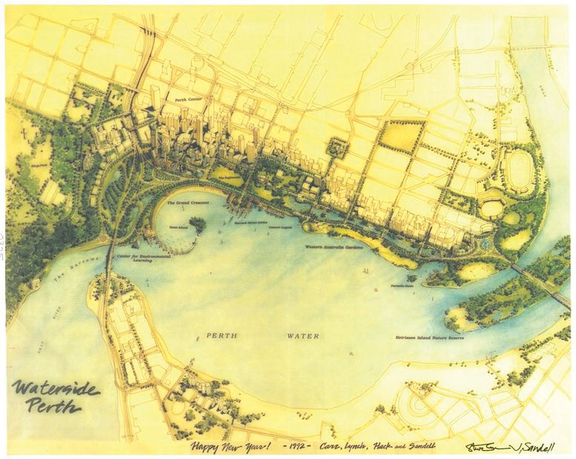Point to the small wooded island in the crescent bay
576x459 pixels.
(198, 223)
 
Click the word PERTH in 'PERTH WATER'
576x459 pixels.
(222, 336)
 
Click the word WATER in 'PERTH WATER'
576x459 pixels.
(302, 336)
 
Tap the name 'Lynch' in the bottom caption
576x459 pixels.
(363, 446)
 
